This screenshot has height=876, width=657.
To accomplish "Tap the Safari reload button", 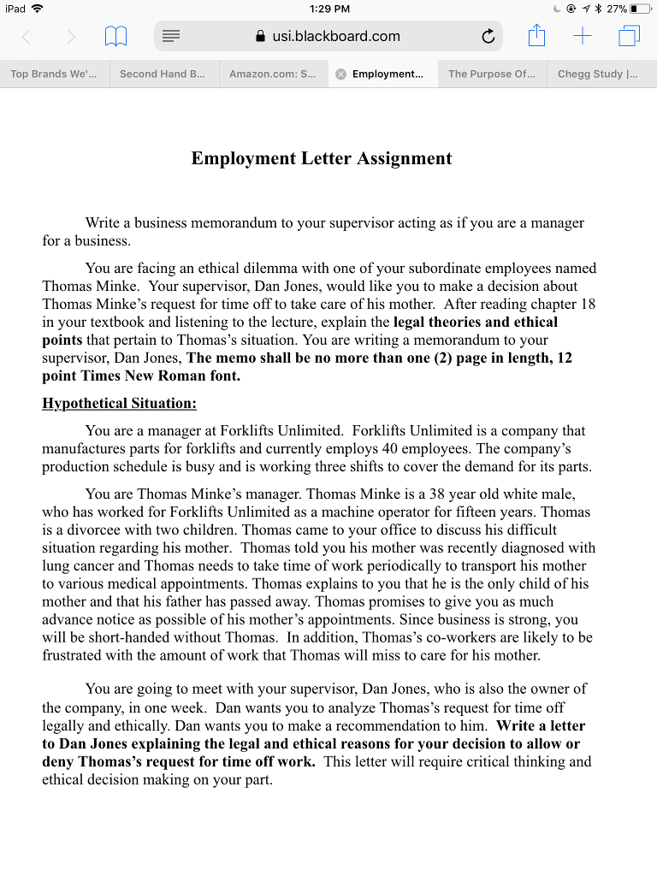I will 488,36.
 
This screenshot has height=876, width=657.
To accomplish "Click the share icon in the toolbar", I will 536,36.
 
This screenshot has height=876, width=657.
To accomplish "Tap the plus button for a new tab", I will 583,36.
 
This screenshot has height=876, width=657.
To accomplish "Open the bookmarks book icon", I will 115,36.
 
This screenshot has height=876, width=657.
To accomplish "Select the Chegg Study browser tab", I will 597,74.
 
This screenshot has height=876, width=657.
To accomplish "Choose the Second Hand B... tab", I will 163,74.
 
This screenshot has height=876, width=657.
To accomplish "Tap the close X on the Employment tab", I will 340,74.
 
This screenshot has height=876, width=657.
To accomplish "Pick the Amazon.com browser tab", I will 272,74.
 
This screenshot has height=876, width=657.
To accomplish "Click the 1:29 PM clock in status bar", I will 328,9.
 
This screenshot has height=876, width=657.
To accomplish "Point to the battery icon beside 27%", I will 641,9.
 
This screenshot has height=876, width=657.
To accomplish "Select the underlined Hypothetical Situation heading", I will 119,403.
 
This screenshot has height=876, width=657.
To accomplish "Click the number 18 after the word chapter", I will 588,304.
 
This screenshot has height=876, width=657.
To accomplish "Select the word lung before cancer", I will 56,565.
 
